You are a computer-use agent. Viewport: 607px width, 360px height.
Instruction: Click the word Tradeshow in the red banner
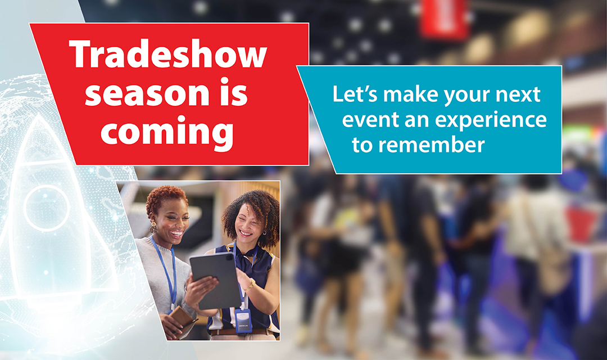point(168,53)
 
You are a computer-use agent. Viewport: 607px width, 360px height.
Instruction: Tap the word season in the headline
point(147,93)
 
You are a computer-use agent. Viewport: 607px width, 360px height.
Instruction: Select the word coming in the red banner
point(167,133)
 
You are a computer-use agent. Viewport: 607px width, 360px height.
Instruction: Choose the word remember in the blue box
point(431,145)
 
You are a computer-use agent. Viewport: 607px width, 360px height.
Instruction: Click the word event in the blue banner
point(370,120)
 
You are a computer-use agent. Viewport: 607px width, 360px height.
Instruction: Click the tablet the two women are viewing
point(215,280)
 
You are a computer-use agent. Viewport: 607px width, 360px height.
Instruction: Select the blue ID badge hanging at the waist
point(243,321)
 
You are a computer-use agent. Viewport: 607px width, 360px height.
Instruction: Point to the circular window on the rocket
point(47,208)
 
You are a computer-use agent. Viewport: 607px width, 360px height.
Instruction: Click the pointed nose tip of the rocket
point(38,115)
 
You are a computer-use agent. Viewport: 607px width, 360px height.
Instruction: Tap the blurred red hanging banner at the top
point(444,19)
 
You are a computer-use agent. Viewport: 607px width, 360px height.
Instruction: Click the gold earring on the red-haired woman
point(153,227)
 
